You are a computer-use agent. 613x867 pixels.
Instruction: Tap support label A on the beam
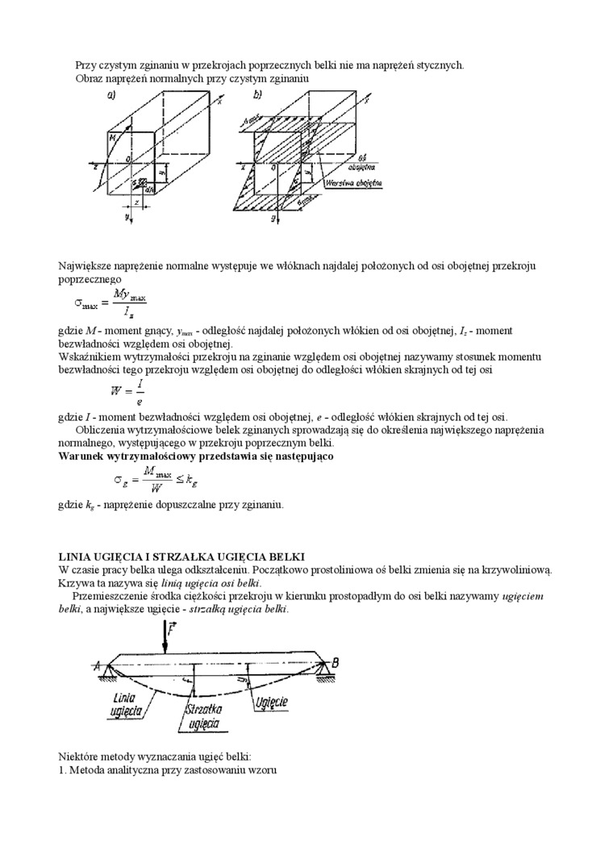97,666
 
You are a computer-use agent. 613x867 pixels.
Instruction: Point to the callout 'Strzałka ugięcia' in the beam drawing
202,716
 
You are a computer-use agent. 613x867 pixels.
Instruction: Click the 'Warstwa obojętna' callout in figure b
354,183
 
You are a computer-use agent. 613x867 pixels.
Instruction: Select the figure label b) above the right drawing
257,94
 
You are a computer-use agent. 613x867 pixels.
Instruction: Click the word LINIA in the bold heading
75,557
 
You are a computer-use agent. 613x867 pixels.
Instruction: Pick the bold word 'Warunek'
83,456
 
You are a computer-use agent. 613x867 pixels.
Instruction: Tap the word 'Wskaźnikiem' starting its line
93,356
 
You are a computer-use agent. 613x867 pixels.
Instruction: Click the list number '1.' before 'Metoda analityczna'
63,769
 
